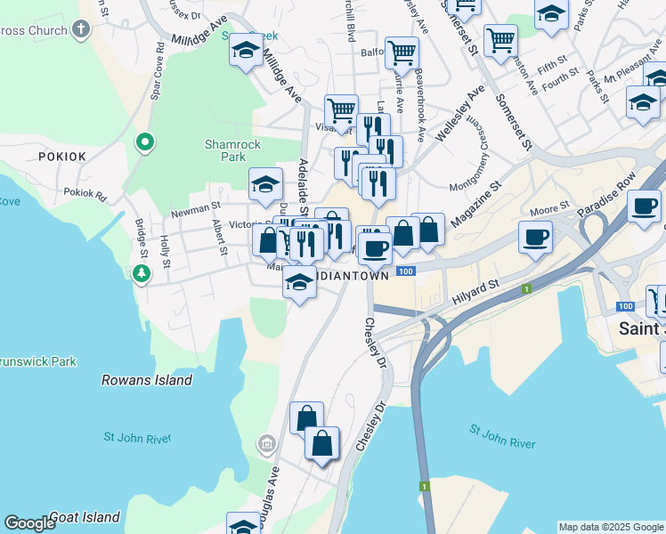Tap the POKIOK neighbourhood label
62,156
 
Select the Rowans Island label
147,380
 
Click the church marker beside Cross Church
81,29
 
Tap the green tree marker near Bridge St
140,272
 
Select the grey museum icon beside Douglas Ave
266,443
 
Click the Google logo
29,523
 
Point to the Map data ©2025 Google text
610,527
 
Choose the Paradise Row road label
603,203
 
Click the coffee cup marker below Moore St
535,238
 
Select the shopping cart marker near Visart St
341,111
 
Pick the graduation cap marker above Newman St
265,185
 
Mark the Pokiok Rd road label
85,192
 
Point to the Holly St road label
165,252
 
